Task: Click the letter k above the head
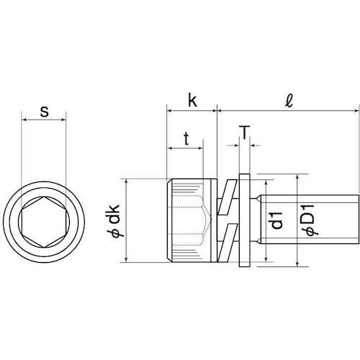192,100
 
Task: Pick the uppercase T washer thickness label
244,132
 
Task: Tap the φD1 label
307,220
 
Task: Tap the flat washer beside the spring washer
244,221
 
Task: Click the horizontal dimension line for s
45,121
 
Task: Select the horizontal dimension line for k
192,111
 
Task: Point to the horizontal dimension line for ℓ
288,111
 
